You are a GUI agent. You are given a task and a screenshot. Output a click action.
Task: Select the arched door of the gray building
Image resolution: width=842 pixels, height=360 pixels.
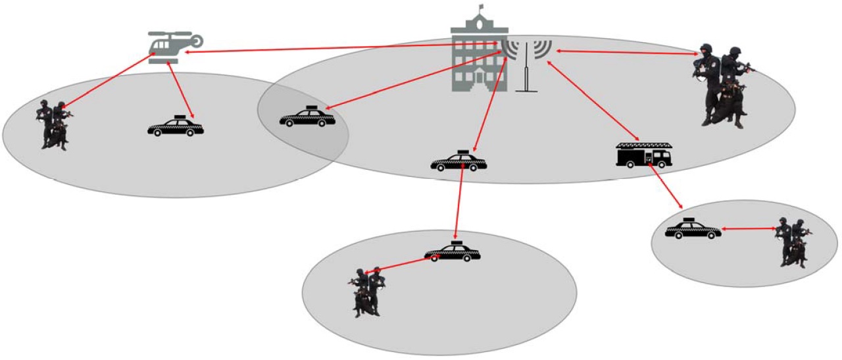478,80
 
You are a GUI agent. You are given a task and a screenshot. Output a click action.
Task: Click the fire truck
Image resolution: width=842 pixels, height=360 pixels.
644,155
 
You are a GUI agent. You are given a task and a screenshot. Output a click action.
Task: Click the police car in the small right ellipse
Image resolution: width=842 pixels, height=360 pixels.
693,229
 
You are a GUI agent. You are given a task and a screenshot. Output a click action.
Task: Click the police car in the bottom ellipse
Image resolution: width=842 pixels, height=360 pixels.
453,252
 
